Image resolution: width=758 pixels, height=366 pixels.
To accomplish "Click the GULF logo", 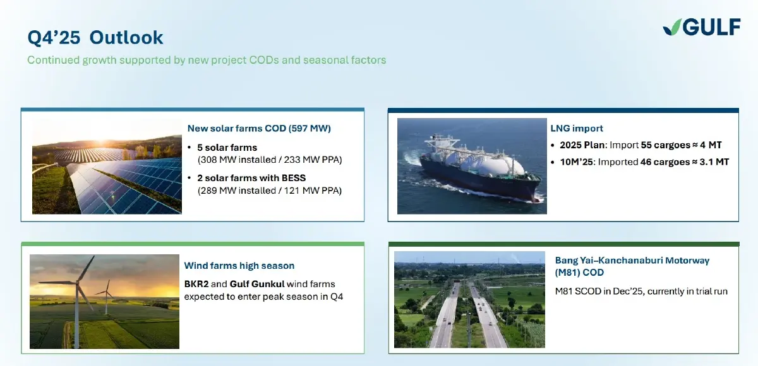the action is (702, 27).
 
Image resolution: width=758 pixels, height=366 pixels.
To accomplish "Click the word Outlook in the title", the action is (126, 37).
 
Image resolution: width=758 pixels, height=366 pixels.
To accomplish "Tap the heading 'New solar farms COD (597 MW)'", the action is (259, 129).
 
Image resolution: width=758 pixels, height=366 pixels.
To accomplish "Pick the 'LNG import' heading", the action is (577, 129).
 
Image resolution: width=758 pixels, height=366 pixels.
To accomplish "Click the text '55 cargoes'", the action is (665, 145).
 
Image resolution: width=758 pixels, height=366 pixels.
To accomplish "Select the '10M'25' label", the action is (576, 162).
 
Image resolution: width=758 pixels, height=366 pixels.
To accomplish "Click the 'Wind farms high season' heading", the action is (239, 266).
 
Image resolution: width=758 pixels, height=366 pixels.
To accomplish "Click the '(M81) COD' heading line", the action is (579, 273).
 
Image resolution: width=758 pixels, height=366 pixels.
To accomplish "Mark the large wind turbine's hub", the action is (78, 281).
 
